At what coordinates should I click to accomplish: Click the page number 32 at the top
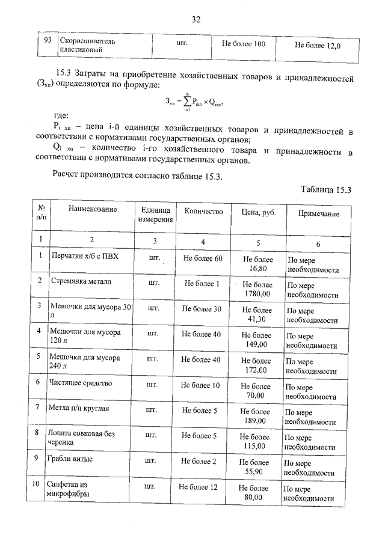(196, 19)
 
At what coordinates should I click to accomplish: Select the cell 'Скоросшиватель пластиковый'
(87, 47)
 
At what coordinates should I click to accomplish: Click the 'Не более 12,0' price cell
(318, 45)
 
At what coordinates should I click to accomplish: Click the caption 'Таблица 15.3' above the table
(325, 190)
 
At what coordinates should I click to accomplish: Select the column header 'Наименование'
(92, 210)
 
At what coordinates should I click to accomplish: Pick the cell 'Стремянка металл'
(81, 281)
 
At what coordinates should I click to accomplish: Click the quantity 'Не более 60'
(203, 258)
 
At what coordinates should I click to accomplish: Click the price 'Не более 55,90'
(254, 467)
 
